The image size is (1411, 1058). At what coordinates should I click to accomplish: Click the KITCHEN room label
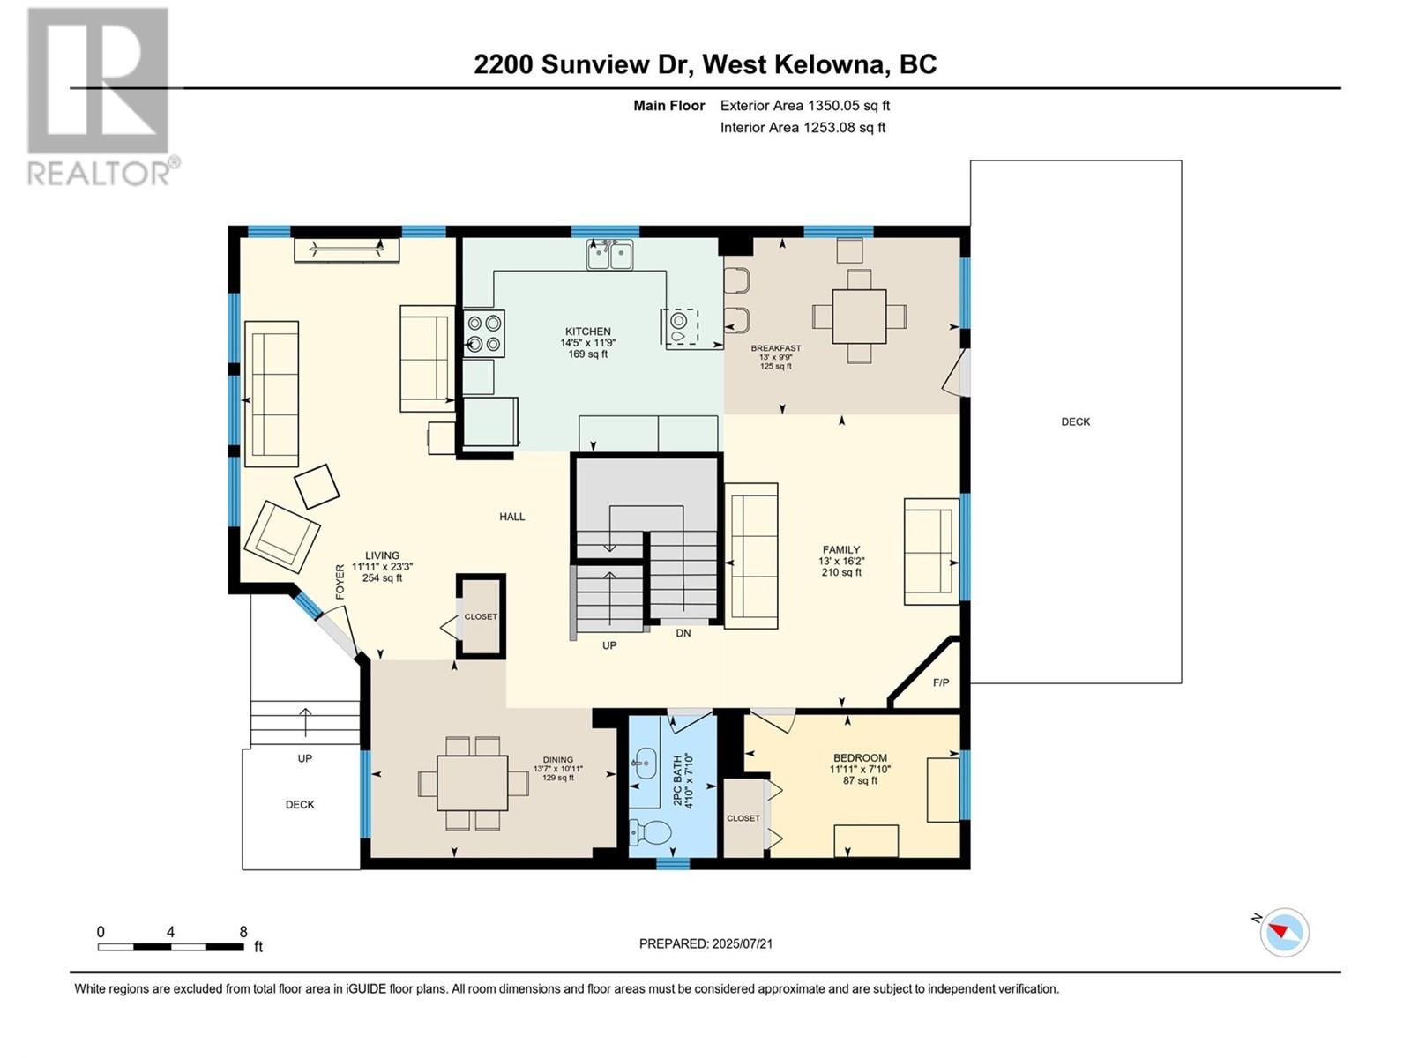tap(588, 332)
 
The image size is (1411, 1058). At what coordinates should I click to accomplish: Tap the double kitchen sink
tap(609, 255)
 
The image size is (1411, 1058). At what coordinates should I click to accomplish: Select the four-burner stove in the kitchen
tap(484, 333)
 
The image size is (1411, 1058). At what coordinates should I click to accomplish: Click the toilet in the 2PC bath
tap(650, 834)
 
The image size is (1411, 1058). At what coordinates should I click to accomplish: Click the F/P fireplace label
tap(940, 682)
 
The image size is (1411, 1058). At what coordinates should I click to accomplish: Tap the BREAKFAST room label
tap(776, 348)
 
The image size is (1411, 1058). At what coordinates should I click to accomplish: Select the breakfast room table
tap(859, 317)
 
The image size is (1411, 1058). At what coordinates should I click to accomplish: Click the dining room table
tap(473, 783)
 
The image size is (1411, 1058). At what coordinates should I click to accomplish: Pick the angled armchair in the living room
tap(281, 536)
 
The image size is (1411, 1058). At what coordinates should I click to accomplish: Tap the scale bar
tap(171, 947)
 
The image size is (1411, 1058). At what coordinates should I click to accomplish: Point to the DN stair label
tap(683, 633)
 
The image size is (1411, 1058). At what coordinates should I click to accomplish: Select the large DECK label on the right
tap(1075, 421)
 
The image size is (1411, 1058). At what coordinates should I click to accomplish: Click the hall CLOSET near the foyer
tap(481, 616)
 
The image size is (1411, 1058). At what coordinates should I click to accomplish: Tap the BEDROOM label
tap(860, 757)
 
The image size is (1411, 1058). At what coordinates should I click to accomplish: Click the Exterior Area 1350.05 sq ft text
tap(805, 105)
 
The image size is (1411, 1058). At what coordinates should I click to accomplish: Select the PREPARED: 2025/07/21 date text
tap(705, 943)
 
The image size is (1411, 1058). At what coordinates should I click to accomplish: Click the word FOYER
tap(340, 582)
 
